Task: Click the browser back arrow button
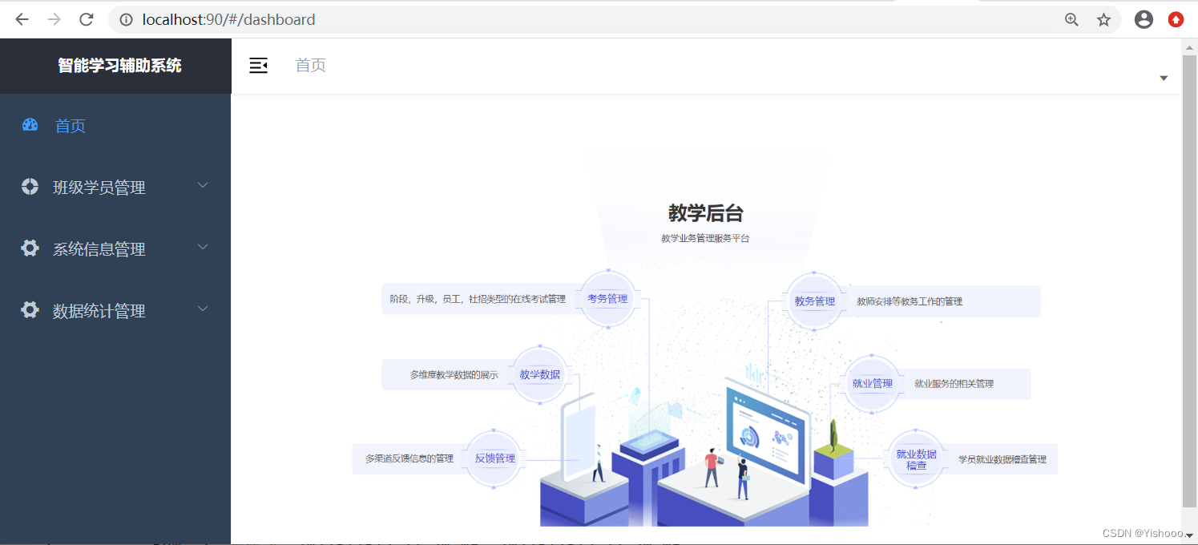[22, 19]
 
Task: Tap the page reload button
[87, 19]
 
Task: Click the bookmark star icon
[1103, 19]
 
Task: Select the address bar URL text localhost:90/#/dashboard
[228, 19]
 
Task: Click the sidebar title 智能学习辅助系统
[119, 66]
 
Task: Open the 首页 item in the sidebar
[70, 126]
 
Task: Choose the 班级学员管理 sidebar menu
[99, 188]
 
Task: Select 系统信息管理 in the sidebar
[99, 249]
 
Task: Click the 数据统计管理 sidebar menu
[99, 311]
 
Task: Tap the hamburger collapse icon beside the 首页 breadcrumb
[258, 66]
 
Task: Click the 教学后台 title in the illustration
[705, 213]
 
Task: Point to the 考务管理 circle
[607, 299]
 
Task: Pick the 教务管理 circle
[814, 301]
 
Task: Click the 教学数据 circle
[539, 374]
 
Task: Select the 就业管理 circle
[872, 384]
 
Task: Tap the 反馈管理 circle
[494, 458]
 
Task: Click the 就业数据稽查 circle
[916, 459]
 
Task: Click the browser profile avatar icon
[1144, 19]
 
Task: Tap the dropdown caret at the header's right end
[1164, 78]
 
